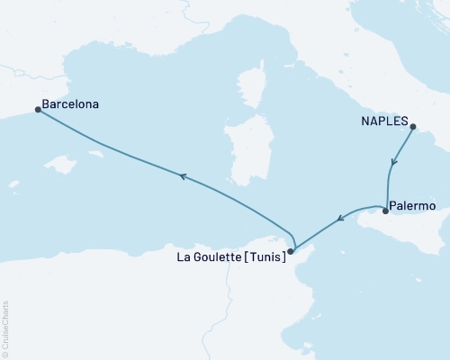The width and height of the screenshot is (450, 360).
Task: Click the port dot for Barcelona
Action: tap(37, 110)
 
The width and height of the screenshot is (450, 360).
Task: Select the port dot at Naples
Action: tap(412, 128)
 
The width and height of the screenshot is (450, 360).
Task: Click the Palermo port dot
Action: tap(385, 211)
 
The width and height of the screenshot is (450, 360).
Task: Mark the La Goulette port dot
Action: tap(290, 252)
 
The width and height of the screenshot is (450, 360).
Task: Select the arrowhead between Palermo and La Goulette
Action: tap(340, 217)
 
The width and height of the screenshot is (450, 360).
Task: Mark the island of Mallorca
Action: tap(61, 167)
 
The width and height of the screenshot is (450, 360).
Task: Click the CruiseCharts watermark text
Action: tap(5, 328)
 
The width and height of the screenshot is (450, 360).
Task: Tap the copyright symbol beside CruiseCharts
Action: tap(5, 353)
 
